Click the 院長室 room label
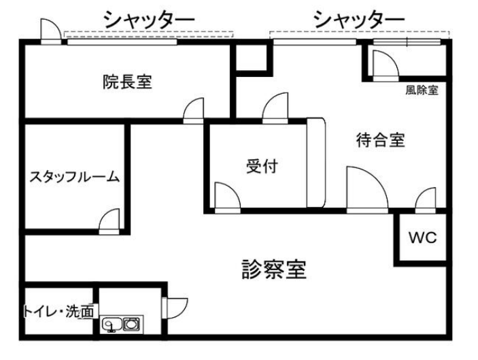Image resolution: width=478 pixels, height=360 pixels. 127,82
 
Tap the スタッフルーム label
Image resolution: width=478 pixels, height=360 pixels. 73,177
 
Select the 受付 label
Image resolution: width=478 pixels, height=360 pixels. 262,166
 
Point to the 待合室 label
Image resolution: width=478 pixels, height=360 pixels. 381,140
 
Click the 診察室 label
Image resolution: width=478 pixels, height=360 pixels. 274,269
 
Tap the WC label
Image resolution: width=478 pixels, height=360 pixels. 423,238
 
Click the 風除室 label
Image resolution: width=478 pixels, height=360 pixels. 422,91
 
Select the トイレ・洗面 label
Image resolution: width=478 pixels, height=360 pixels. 59,312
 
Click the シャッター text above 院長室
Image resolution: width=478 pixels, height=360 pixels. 149,20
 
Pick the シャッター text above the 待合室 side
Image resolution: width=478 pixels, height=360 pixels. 359,20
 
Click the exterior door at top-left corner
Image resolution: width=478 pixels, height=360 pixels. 51,31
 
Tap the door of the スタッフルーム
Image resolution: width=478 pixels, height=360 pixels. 109,221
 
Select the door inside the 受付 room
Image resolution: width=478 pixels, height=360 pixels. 227,198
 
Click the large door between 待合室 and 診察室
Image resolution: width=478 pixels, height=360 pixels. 367,190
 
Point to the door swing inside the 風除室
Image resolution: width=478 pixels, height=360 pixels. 386,65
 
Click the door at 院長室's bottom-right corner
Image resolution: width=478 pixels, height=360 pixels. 194,110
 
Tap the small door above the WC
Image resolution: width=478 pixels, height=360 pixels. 426,201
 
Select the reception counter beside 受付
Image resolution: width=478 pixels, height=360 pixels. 315,163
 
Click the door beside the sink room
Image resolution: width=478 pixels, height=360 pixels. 175,308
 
